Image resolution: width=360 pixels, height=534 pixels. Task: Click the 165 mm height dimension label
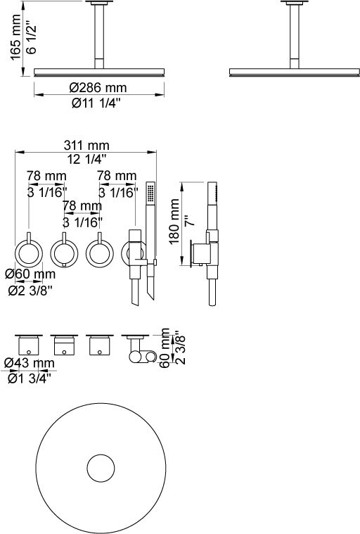(16, 37)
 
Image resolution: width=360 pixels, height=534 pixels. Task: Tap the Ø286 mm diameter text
(98, 87)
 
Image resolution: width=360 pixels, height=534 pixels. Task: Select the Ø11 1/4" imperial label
(96, 103)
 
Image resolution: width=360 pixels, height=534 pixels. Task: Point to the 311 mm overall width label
(86, 145)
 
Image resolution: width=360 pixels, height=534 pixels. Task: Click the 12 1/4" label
(86, 159)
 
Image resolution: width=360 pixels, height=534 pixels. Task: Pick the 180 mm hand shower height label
(174, 222)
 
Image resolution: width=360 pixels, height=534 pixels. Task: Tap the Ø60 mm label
(30, 274)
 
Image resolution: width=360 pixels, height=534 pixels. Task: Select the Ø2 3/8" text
(30, 291)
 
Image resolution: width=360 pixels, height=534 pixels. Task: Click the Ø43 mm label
(30, 363)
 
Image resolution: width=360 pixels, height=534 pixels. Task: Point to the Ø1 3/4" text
(30, 378)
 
